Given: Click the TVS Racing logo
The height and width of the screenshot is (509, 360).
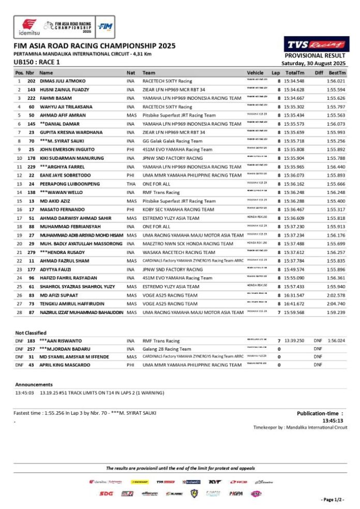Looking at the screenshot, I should click(x=317, y=44).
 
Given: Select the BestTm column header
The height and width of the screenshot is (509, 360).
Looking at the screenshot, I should click(x=337, y=73).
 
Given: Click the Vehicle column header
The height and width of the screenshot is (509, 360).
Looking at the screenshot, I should click(x=255, y=73).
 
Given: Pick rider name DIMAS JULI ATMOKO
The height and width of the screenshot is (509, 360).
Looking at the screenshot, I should click(x=63, y=81).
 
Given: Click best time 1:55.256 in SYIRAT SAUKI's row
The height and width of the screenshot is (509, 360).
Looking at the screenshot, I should click(x=336, y=141).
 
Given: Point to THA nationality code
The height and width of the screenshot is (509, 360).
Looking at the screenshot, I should click(x=131, y=184).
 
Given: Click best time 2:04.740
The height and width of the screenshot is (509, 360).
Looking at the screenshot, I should click(x=336, y=304).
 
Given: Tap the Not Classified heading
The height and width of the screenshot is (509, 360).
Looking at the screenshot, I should click(x=31, y=333).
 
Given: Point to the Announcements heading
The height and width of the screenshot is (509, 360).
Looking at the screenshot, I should click(x=34, y=384).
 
